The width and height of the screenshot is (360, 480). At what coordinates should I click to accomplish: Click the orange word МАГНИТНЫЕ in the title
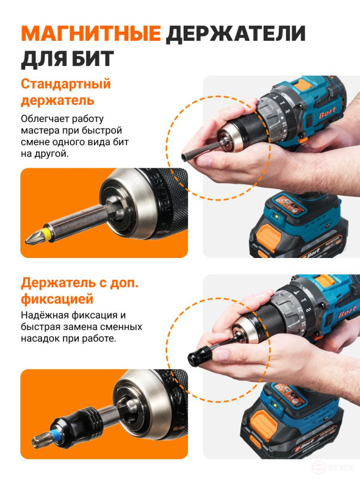point(90,33)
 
